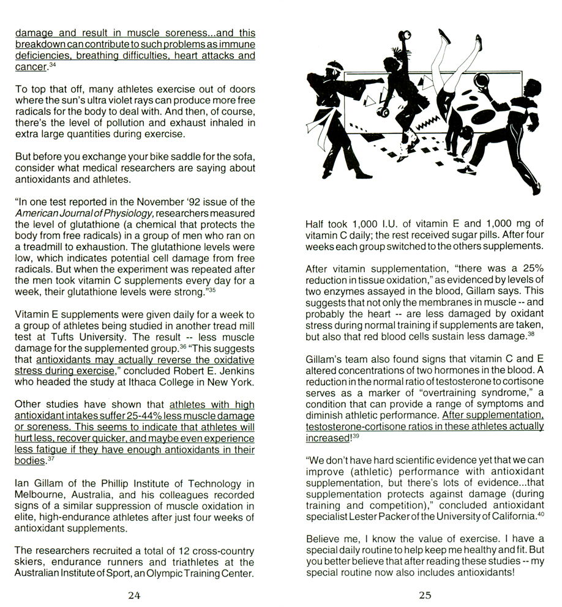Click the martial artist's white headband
point(336,65)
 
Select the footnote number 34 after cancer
point(53,64)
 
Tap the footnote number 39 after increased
point(356,436)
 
